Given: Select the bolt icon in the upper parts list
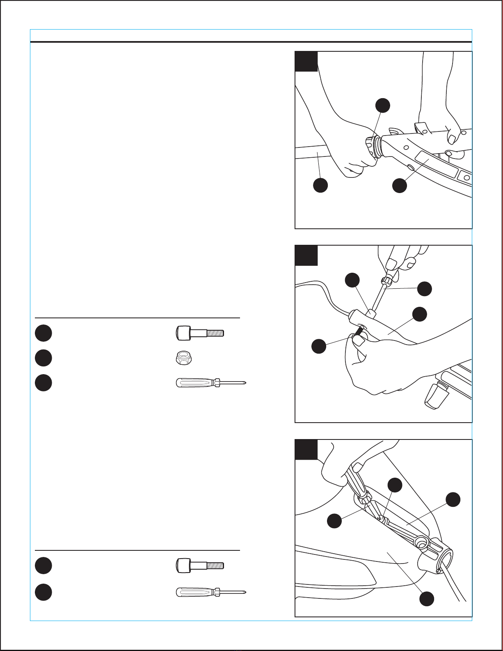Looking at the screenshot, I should point(199,333).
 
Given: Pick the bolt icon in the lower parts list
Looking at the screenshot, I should point(199,565).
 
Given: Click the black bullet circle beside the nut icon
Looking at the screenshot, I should point(43,358).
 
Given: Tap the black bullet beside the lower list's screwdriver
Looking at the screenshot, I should point(43,592).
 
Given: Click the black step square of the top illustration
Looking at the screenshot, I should point(306,62).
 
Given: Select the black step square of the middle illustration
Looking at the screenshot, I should point(306,255).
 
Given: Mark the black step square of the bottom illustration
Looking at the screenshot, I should point(306,450).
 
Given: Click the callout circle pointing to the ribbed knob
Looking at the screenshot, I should point(383,105).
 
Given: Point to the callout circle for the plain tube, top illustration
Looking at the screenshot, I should point(320,185).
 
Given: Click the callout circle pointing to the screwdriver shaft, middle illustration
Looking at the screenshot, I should point(425,288).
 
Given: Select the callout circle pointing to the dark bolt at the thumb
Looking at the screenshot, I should point(319,346).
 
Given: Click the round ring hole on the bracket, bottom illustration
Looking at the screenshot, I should point(421,543).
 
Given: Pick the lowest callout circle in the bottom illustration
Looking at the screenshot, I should point(427,598).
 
